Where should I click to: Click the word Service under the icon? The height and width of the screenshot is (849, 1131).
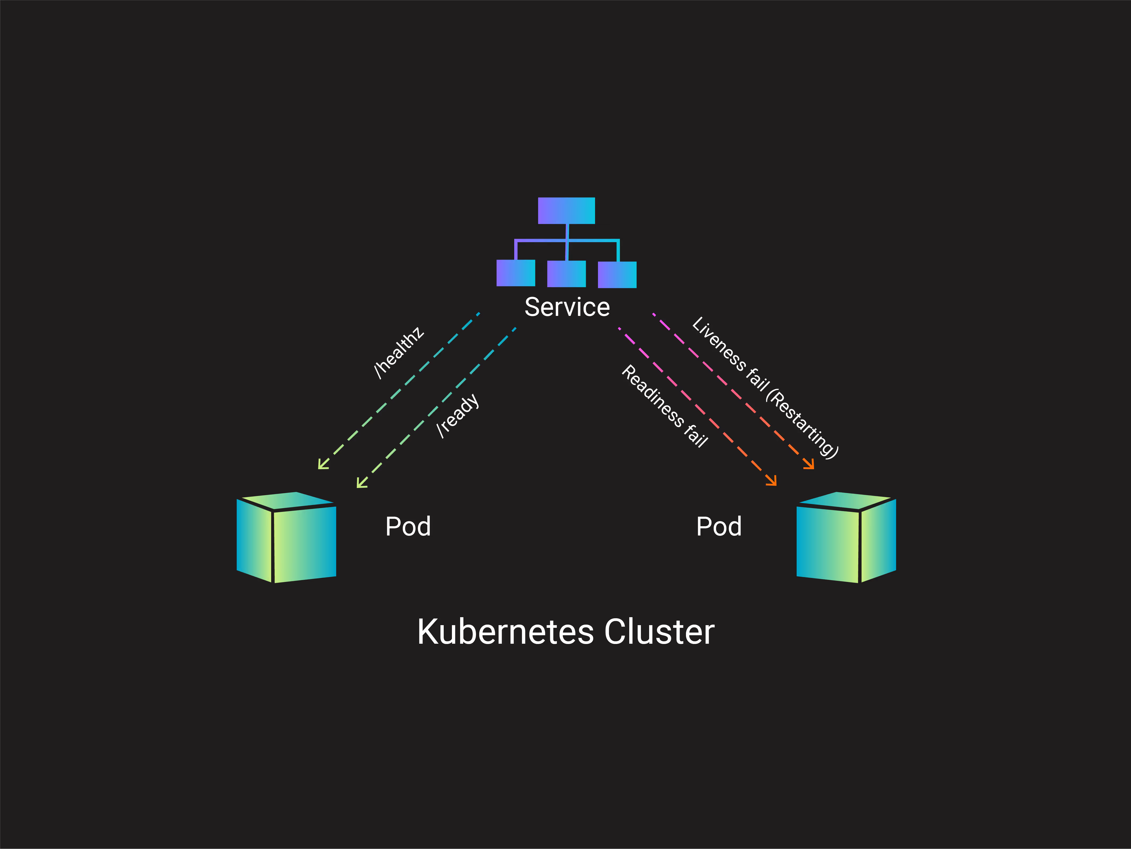[x=567, y=307]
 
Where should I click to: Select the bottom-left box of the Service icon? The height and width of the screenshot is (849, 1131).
[x=515, y=273]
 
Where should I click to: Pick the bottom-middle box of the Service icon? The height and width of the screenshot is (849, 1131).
[x=566, y=274]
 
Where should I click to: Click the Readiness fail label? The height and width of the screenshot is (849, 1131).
[x=665, y=406]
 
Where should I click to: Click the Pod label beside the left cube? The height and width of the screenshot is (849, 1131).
[x=408, y=526]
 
